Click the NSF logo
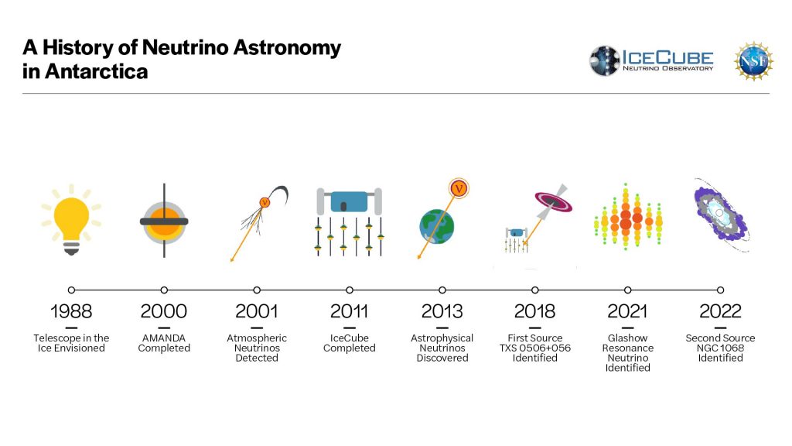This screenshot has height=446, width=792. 753,61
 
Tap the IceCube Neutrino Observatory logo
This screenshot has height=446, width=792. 651,60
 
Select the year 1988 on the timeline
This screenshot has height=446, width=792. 71,311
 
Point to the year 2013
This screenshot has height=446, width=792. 442,311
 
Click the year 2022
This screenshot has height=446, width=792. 720,311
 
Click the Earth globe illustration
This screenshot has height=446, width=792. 437,227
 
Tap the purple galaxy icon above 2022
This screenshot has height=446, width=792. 721,215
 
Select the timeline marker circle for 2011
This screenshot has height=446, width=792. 350,290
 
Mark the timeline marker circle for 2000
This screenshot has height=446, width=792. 164,290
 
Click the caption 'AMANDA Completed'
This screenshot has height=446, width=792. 164,343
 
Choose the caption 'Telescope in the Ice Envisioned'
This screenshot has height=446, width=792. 71,343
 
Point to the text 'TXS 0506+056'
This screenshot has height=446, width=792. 535,348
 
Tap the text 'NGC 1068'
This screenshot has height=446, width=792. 720,348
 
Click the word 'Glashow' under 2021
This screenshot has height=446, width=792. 628,338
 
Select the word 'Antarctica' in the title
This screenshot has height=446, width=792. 97,71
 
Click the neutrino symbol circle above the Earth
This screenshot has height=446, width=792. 459,189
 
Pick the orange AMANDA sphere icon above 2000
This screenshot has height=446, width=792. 164,221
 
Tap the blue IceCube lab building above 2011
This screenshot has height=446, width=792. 349,201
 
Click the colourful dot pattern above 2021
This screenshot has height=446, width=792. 628,217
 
